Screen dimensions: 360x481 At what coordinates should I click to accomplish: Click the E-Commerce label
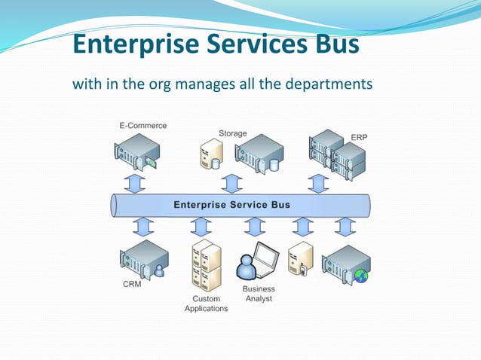142,125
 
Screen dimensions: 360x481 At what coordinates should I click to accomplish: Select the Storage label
232,133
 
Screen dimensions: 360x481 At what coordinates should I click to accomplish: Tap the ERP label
360,137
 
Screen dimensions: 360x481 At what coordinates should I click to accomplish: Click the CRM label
132,285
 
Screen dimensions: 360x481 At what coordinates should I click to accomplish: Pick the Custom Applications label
206,304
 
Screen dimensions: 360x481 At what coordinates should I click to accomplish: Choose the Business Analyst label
259,294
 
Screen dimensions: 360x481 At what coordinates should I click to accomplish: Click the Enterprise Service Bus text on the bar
232,205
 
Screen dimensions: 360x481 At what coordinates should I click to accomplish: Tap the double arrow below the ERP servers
319,182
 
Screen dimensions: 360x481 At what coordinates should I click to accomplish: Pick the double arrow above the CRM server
143,226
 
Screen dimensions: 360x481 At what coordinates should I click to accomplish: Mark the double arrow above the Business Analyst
254,226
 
